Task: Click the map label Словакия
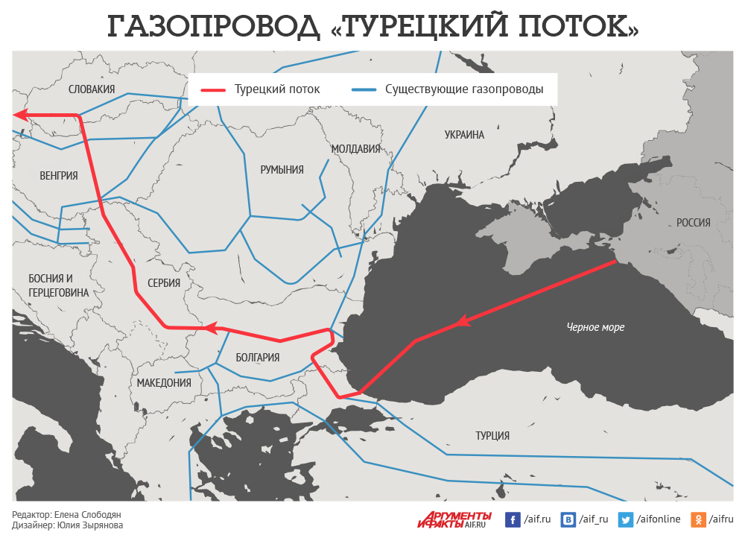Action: coord(92,89)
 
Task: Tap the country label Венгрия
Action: coord(58,176)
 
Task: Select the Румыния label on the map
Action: coord(282,170)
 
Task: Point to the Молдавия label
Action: coord(355,149)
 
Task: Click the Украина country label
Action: coord(464,135)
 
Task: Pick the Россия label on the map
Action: coord(693,223)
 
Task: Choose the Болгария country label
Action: coord(257,358)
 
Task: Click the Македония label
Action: coord(164,383)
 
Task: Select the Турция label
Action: coord(492,436)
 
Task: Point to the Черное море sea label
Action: coord(595,327)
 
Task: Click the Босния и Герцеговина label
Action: coord(58,285)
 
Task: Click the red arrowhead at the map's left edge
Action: coord(20,115)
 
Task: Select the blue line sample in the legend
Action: coord(363,89)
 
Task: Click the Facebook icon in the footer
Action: coord(513,519)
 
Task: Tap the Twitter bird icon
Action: coord(626,519)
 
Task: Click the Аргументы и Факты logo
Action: coord(454,519)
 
